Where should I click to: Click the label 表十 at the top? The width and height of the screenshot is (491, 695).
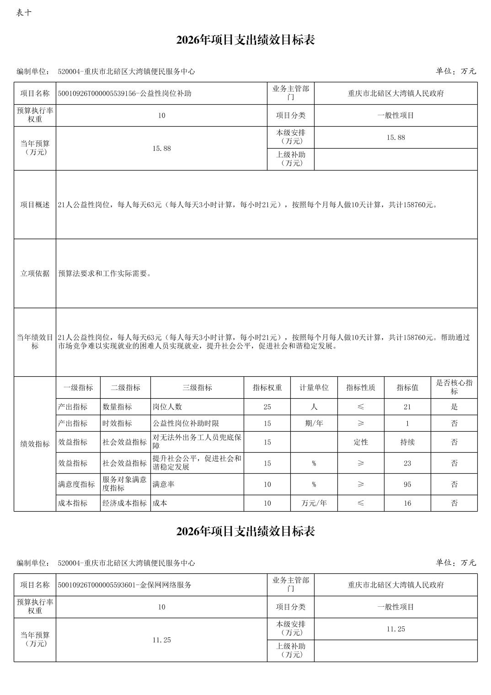coord(24,13)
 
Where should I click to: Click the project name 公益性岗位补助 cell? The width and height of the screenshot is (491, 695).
coord(124,93)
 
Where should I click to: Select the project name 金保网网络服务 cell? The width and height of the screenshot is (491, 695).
coord(124,585)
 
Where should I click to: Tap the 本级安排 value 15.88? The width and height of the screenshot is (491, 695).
coord(395,137)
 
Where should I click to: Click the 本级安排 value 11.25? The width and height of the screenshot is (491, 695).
coord(395,629)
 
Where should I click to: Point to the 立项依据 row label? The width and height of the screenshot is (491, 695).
coord(35,273)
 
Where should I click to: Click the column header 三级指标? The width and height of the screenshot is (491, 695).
coord(197,388)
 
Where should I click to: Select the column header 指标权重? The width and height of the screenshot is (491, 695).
coord(267,388)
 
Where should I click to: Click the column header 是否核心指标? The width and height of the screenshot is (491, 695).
coord(454,387)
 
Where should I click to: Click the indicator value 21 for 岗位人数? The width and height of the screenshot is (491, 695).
coord(407,407)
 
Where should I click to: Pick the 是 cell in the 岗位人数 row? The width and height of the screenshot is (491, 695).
coord(454,407)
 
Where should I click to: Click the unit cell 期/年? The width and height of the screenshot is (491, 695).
coord(314,423)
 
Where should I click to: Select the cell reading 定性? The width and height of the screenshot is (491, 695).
coord(361,442)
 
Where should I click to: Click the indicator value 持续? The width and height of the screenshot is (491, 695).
coord(407,442)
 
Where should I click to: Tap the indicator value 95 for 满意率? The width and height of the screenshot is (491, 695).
coord(407,484)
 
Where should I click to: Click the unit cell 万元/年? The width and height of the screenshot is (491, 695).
coord(314,503)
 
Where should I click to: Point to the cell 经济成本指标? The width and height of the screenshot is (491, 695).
coord(125,503)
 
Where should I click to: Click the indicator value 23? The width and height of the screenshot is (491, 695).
coord(407,463)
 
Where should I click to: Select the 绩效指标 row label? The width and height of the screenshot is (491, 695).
coord(35,444)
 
